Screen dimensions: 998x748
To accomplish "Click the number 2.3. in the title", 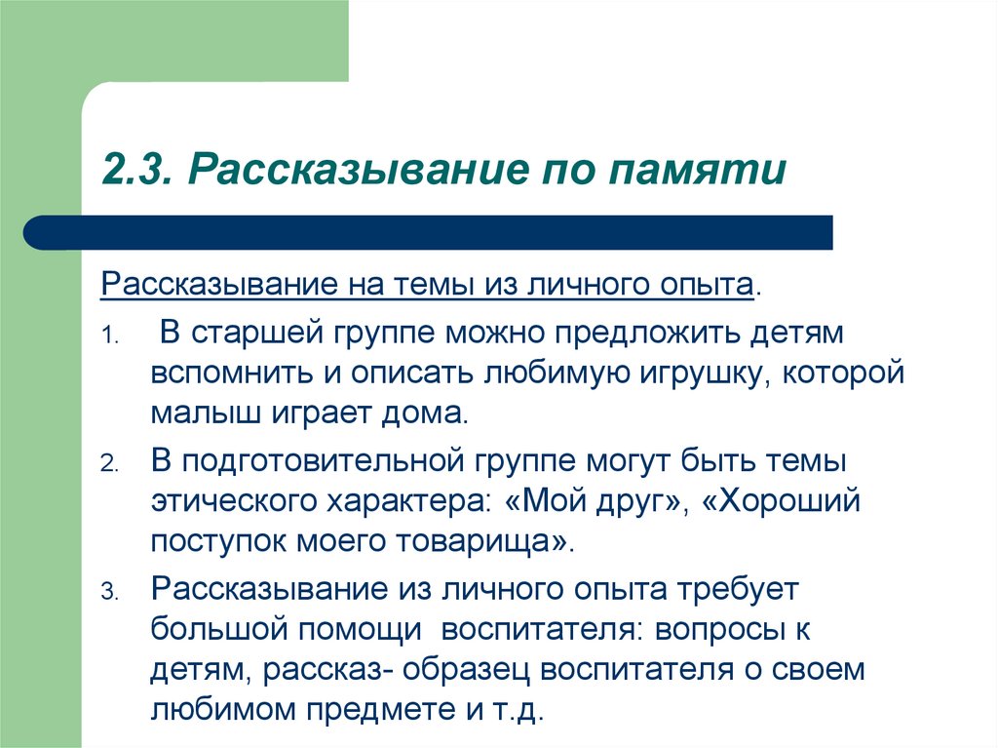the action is tap(136, 169).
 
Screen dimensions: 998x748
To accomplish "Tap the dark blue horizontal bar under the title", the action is tap(428, 232).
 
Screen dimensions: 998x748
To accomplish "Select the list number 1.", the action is tap(109, 336).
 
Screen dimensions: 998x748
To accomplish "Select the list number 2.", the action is tap(109, 464).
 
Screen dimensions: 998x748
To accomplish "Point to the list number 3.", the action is tap(109, 592).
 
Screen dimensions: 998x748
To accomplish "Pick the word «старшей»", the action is tap(249, 335).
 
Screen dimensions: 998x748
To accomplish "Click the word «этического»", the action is tap(234, 501).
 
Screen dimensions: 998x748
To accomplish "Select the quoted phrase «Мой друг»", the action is tap(593, 501).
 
